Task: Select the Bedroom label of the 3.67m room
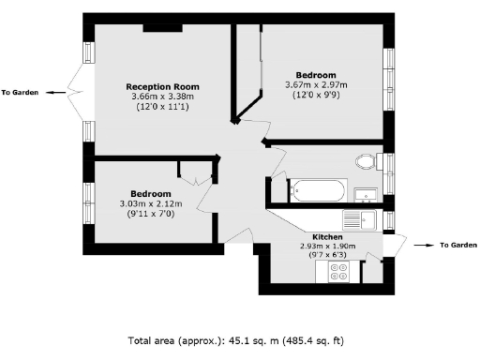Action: pyautogui.click(x=316, y=74)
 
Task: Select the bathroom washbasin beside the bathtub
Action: pyautogui.click(x=367, y=195)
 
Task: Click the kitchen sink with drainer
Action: pyautogui.click(x=359, y=220)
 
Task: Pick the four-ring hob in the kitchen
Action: pyautogui.click(x=338, y=272)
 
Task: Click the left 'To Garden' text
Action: pyautogui.click(x=19, y=92)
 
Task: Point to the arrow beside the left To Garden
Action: pyautogui.click(x=54, y=92)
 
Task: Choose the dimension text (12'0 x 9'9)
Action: pyautogui.click(x=316, y=94)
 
